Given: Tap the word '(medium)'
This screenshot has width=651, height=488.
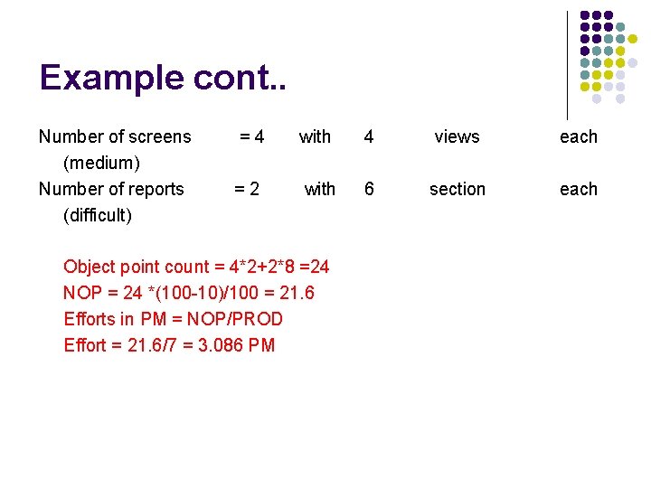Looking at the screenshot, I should (100, 163).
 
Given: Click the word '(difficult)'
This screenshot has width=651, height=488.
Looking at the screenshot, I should (97, 215).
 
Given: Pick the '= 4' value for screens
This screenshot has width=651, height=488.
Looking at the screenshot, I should (251, 136).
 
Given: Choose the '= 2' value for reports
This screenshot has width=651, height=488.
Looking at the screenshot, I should (247, 189).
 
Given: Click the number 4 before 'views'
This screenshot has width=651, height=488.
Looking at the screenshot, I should (368, 136).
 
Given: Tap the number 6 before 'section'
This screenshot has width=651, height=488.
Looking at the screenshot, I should (368, 189).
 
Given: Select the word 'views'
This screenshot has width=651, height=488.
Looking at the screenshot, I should (457, 136).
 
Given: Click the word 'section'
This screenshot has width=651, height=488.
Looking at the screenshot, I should (457, 189).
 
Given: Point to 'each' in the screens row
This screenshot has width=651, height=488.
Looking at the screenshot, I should (579, 136).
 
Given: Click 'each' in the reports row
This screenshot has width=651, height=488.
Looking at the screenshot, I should (579, 189).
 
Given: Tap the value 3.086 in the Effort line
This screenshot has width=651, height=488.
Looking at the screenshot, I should (221, 345).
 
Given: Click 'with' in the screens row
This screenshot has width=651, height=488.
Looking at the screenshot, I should (315, 136).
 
